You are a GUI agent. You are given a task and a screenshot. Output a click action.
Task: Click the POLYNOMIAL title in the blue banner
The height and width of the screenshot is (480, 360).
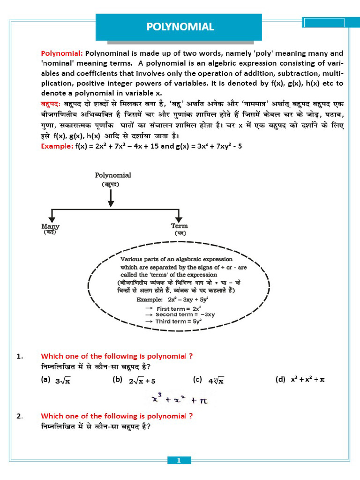(180, 27)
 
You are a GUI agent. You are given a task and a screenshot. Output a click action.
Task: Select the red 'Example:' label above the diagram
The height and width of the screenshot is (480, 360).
(57, 146)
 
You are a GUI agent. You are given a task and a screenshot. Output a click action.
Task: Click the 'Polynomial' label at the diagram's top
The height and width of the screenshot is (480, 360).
(113, 175)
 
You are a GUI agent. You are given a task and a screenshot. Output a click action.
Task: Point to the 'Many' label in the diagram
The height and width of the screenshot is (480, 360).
(51, 226)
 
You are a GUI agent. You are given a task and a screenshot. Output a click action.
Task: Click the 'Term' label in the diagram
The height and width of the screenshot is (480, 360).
(179, 226)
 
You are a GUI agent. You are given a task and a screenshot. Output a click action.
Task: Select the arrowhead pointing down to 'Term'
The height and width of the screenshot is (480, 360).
(179, 218)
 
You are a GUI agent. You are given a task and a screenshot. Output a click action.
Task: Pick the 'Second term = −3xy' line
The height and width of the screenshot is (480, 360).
(180, 315)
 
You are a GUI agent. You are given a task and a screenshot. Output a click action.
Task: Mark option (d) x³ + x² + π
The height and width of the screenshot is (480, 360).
(300, 380)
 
